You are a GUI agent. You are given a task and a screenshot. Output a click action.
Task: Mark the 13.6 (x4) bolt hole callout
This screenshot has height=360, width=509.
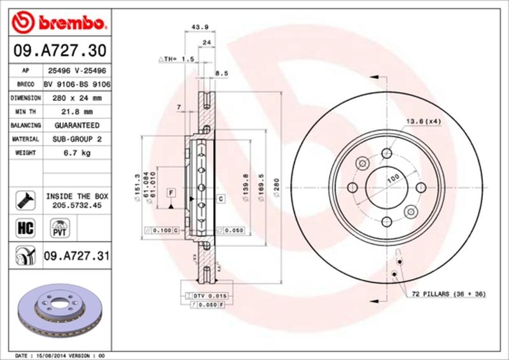424,120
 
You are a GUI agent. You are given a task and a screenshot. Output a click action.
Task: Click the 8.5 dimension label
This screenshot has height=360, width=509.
221,74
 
